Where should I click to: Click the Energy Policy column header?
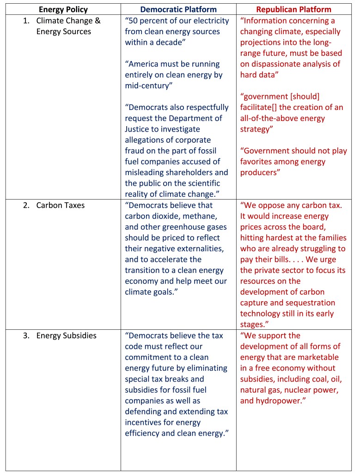[x=63, y=9]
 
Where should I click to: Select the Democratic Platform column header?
[x=178, y=9]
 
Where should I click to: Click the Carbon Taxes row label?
[x=61, y=205]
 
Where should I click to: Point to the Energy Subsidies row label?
[x=67, y=336]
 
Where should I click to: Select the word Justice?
[x=139, y=129]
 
